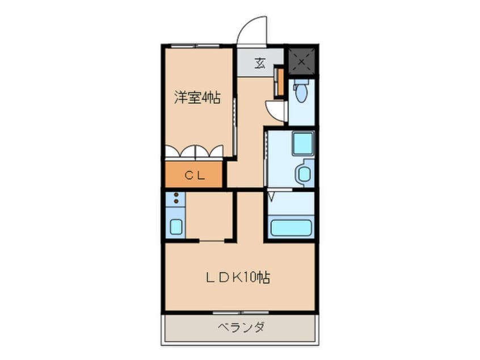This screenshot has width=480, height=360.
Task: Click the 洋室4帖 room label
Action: pos(196,98)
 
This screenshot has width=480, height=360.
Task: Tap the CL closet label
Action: pos(194,175)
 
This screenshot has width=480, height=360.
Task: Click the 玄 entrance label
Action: pos(260,63)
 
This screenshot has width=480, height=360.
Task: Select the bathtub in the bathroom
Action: pos(291,227)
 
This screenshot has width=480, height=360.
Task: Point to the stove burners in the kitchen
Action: pos(176,198)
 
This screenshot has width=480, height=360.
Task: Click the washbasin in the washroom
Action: pos(304,173)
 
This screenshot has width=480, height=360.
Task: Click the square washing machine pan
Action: pos(302,144)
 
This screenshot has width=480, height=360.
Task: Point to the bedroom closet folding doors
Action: pos(194,152)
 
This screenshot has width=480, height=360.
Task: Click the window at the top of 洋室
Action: pos(195,45)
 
